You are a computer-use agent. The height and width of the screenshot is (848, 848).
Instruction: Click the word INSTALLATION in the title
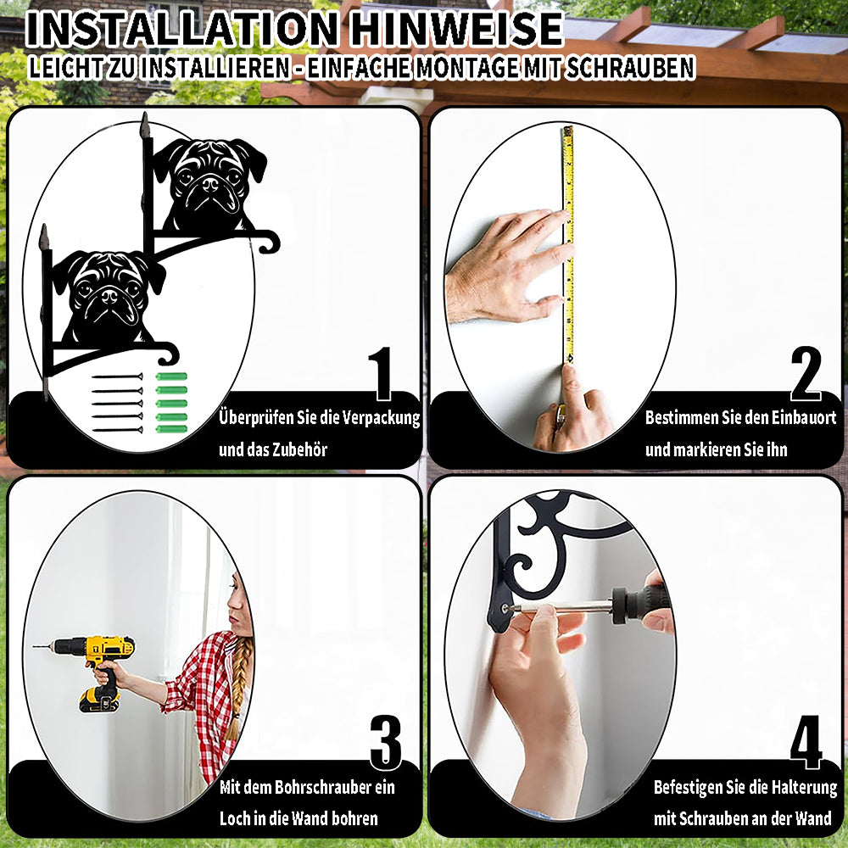[x=181, y=29]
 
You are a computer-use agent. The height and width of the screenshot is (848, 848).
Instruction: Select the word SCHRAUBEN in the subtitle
[x=629, y=68]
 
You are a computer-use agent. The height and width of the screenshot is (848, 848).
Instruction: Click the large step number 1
[x=381, y=374]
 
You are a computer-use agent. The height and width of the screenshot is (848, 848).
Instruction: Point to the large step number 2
[x=806, y=374]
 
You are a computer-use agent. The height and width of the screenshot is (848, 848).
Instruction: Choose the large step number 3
[x=386, y=742]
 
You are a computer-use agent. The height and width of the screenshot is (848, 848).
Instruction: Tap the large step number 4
[x=806, y=742]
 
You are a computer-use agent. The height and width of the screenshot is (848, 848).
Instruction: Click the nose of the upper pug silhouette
[x=210, y=184]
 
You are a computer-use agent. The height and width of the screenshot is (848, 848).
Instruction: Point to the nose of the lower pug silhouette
[x=109, y=296]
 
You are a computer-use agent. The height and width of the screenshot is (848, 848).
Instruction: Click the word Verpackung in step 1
[x=382, y=418]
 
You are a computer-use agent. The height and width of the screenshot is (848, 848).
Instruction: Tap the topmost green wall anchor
[x=171, y=377]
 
